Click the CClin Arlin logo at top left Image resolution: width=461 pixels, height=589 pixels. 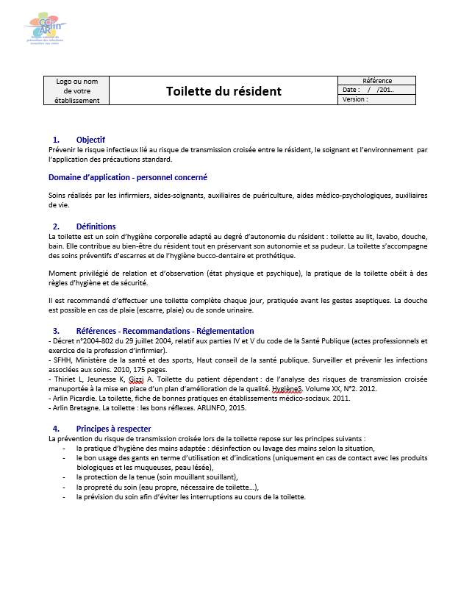pyautogui.click(x=46, y=30)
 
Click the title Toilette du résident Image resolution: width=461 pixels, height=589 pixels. pyautogui.click(x=223, y=91)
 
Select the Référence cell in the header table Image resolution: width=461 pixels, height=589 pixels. pyautogui.click(x=377, y=81)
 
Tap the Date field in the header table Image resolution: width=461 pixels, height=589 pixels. pyautogui.click(x=351, y=90)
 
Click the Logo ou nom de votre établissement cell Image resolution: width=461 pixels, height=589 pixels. pyautogui.click(x=77, y=90)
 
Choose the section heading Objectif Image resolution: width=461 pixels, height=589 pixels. pyautogui.click(x=90, y=140)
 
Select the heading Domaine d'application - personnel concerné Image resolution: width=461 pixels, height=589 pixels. pyautogui.click(x=128, y=177)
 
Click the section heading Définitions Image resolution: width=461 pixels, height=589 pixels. pyautogui.click(x=96, y=226)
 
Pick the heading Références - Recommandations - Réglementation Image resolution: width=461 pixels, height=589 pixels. pyautogui.click(x=165, y=331)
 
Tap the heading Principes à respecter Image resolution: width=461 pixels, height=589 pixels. pyautogui.click(x=113, y=429)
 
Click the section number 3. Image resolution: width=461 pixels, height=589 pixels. pyautogui.click(x=56, y=331)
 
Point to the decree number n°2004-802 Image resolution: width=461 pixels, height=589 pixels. pyautogui.click(x=96, y=341)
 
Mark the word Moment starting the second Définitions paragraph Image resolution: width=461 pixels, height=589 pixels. pyautogui.click(x=63, y=274)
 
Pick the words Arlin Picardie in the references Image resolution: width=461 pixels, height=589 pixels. pyautogui.click(x=74, y=398)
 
